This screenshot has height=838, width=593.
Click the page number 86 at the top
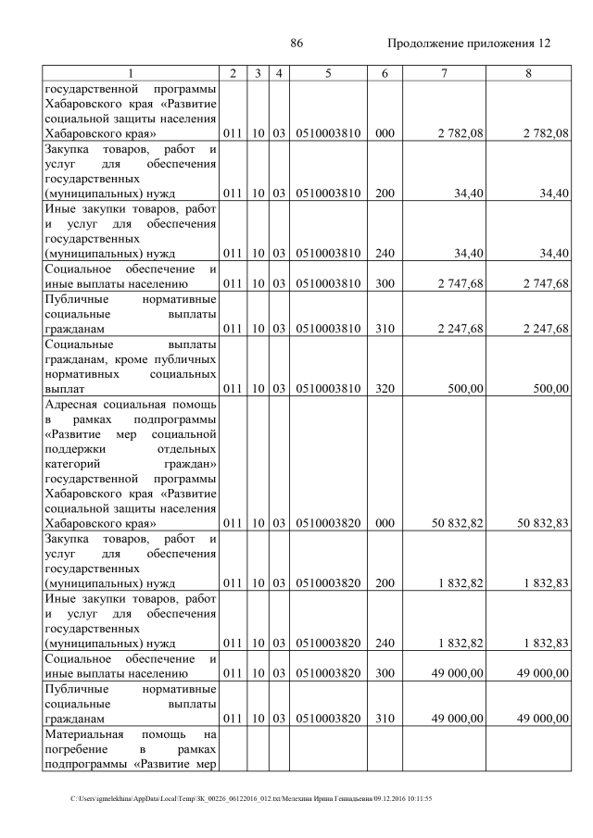(x=297, y=44)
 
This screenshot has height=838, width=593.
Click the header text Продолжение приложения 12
(x=469, y=44)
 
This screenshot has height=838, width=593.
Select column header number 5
(x=328, y=73)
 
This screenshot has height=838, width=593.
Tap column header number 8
(x=528, y=73)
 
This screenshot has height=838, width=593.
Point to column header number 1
(x=131, y=73)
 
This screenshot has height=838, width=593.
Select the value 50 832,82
(x=458, y=522)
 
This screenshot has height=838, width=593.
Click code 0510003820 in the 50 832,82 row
(x=328, y=522)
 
